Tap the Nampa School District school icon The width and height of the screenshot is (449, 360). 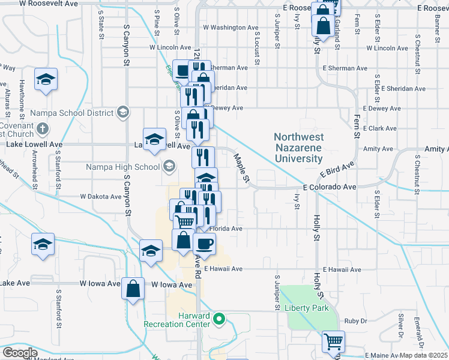click(x=123, y=112)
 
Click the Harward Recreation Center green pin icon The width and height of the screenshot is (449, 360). click(x=219, y=318)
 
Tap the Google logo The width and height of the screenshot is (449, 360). click(x=20, y=353)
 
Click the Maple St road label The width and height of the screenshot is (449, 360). click(x=241, y=167)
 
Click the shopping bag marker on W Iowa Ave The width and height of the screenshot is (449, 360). click(x=133, y=288)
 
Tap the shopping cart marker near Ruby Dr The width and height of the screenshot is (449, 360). click(x=333, y=341)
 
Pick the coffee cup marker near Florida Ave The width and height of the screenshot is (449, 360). click(x=203, y=243)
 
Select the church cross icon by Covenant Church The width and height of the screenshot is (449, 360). click(x=42, y=128)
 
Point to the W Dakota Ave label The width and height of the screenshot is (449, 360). click(x=101, y=196)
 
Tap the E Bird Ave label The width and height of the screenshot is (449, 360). click(x=337, y=171)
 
